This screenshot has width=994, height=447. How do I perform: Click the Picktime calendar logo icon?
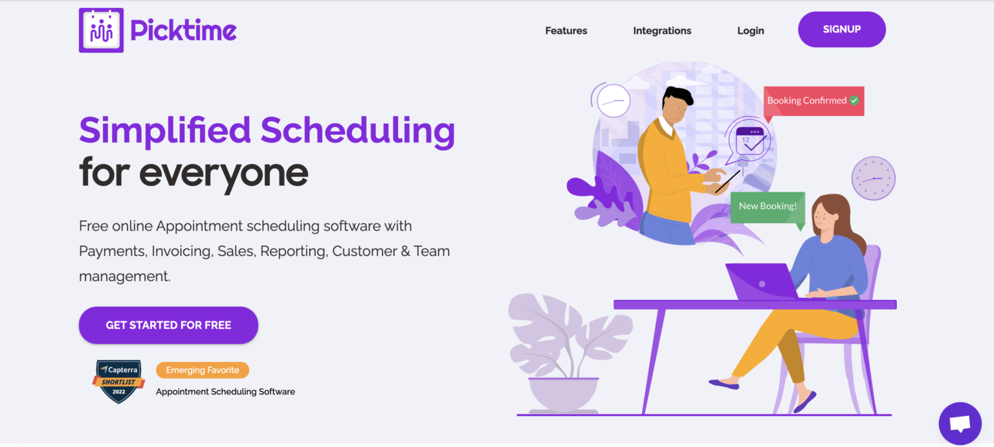[x=101, y=30]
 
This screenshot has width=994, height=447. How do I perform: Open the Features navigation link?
[x=566, y=30]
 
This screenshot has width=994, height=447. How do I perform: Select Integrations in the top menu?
[x=662, y=30]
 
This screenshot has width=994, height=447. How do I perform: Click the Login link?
[x=751, y=30]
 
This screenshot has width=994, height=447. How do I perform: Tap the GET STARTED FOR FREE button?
[x=168, y=325]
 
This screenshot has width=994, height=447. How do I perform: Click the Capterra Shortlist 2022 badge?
[x=118, y=382]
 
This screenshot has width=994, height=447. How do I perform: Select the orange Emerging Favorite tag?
[x=203, y=370]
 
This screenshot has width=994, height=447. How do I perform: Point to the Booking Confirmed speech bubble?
[x=813, y=101]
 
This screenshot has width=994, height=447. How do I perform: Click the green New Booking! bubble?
[x=768, y=207]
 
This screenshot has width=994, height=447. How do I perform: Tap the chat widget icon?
[x=960, y=424]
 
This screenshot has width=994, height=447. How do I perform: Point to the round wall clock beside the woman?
[x=873, y=178]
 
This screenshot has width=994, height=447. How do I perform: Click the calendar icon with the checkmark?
[x=750, y=141]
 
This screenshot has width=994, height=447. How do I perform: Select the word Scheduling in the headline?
[x=358, y=130]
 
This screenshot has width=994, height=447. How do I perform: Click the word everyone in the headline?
[x=223, y=172]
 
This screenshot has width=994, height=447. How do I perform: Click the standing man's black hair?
[x=678, y=95]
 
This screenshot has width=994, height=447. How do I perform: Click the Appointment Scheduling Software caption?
[x=225, y=391]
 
